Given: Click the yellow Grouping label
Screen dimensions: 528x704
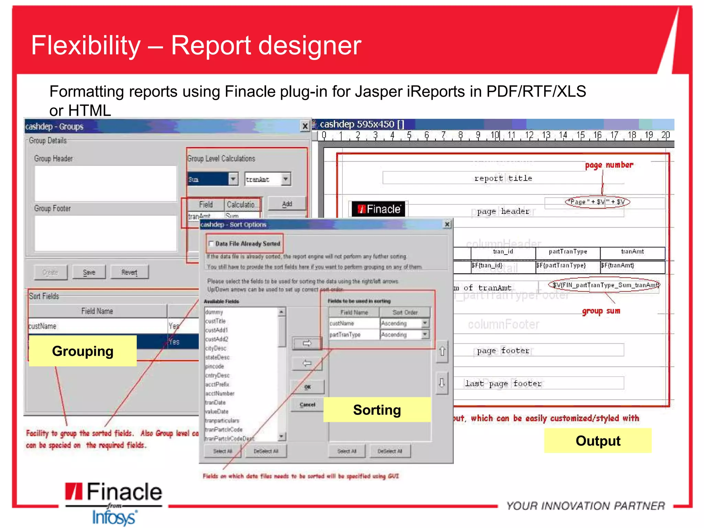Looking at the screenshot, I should click(82, 351).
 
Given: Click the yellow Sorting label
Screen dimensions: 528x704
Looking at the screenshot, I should click(377, 410).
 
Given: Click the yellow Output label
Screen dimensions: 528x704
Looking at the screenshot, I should click(598, 441).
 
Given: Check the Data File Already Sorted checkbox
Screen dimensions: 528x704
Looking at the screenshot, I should click(211, 244).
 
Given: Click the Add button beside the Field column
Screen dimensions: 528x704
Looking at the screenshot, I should click(287, 204).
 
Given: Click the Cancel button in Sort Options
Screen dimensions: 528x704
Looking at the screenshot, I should click(307, 405).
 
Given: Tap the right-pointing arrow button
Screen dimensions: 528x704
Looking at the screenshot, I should click(307, 343).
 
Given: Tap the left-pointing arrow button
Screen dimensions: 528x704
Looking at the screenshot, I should click(307, 363).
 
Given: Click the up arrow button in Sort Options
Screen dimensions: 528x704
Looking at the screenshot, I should click(442, 351).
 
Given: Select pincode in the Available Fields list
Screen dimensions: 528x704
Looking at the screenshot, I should click(214, 366).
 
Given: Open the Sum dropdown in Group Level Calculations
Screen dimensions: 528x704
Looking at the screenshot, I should click(233, 179).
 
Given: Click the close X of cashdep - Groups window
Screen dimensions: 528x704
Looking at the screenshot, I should click(305, 126).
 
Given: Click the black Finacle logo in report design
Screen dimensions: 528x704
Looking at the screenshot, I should click(378, 209).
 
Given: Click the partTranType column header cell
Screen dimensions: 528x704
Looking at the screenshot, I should click(568, 252).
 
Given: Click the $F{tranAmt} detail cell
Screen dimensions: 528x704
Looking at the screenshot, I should click(632, 265).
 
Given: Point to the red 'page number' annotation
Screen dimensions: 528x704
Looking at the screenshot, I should click(609, 165).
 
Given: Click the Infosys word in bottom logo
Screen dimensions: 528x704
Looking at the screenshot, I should click(114, 517).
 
